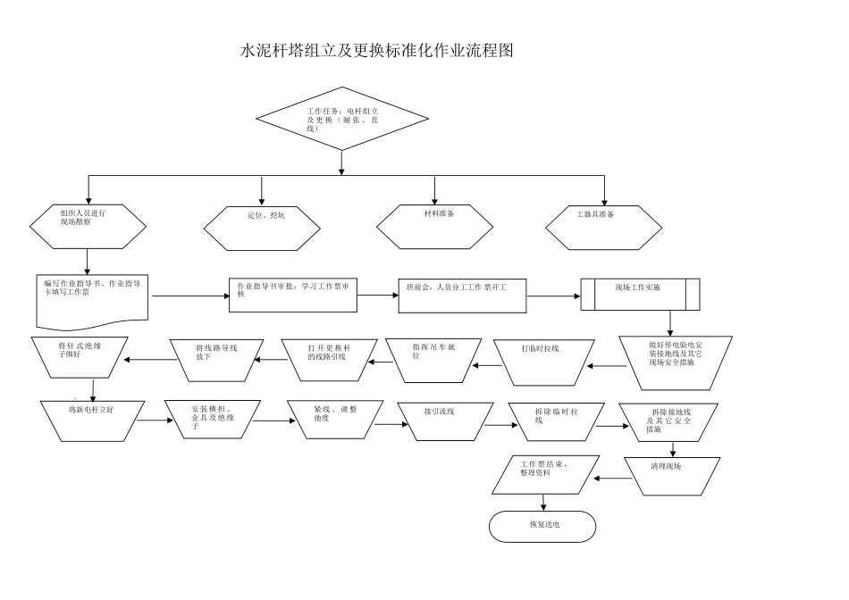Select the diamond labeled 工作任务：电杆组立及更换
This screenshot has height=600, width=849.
342,119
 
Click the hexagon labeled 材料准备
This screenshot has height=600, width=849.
435,227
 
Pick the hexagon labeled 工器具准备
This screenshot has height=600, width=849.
604,227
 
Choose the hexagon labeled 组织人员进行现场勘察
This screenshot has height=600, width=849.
88,227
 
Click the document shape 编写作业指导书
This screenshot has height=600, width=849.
92,298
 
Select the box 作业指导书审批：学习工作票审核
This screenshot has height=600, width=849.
294,295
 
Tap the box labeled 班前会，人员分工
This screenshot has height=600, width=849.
462,295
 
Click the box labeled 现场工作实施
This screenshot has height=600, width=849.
640,294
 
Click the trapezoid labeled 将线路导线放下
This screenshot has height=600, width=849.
215,359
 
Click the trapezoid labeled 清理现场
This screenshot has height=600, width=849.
672,476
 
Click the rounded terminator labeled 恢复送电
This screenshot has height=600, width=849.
542,526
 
